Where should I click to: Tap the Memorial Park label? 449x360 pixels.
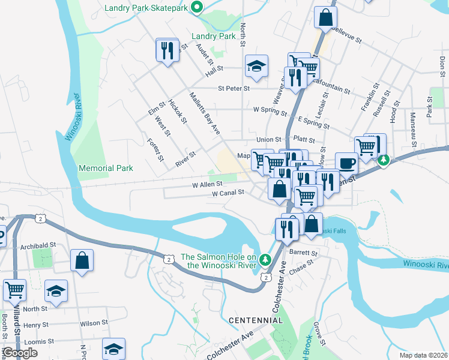pyautogui.click(x=106, y=169)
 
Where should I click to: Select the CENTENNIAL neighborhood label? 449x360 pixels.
pyautogui.click(x=255, y=320)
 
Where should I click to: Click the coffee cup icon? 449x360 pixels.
pyautogui.click(x=346, y=163)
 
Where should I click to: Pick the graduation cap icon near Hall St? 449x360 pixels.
pyautogui.click(x=256, y=67)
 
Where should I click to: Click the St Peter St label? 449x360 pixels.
pyautogui.click(x=234, y=88)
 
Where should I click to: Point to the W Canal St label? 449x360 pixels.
pyautogui.click(x=228, y=193)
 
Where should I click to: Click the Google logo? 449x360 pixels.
pyautogui.click(x=20, y=353)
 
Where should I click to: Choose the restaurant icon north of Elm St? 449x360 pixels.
pyautogui.click(x=167, y=50)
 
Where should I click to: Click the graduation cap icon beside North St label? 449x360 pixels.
pyautogui.click(x=56, y=292)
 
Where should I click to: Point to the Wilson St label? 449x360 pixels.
pyautogui.click(x=93, y=323)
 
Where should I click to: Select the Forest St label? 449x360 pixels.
pyautogui.click(x=155, y=150)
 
